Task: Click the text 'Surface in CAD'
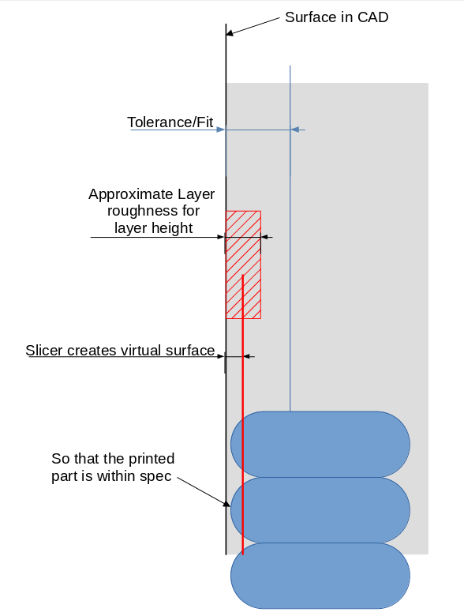[x=336, y=17]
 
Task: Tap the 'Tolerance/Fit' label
[x=170, y=122]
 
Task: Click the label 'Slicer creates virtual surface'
[x=120, y=351]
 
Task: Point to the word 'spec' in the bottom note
[x=156, y=476]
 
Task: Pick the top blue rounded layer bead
[x=320, y=444]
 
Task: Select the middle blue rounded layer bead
[x=320, y=509]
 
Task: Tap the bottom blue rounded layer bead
[x=320, y=575]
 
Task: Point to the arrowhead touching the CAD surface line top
[x=230, y=32]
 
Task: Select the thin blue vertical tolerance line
[x=290, y=237]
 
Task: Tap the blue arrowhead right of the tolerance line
[x=294, y=130]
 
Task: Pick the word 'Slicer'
[x=44, y=351]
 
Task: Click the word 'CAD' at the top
[x=372, y=17]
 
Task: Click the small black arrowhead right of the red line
[x=249, y=357]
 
